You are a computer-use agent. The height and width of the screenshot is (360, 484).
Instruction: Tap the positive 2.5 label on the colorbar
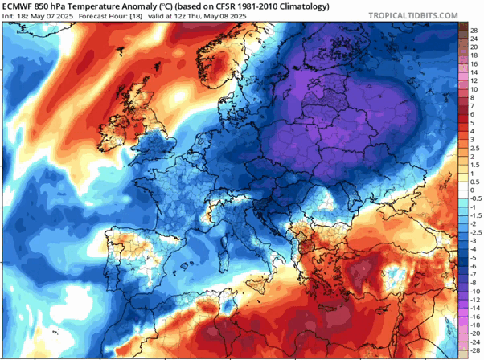point(474,149)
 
